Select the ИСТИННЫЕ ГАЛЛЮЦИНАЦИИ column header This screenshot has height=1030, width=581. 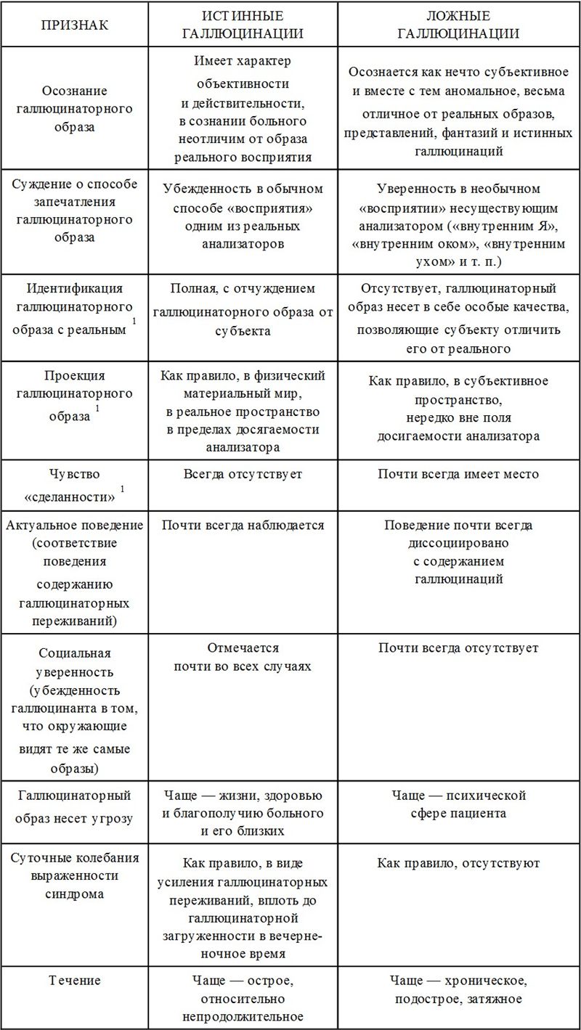[243, 25]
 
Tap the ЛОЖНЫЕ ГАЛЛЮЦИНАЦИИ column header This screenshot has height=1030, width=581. [458, 25]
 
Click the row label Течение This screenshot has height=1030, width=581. [74, 981]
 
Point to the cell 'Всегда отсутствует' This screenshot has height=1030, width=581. [243, 474]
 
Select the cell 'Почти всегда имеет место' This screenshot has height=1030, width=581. [458, 474]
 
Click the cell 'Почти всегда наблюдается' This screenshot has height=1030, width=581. [243, 525]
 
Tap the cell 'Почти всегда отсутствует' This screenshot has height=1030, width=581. [458, 647]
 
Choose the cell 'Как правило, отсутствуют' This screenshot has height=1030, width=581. [458, 864]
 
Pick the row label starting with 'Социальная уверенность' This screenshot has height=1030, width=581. [74, 700]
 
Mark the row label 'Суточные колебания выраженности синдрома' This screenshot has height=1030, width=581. [74, 875]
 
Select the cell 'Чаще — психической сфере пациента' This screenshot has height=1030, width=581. [458, 804]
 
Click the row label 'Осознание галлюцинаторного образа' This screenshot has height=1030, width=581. [74, 109]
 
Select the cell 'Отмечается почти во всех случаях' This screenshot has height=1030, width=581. [243, 656]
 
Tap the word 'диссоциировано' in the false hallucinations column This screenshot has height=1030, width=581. [458, 542]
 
